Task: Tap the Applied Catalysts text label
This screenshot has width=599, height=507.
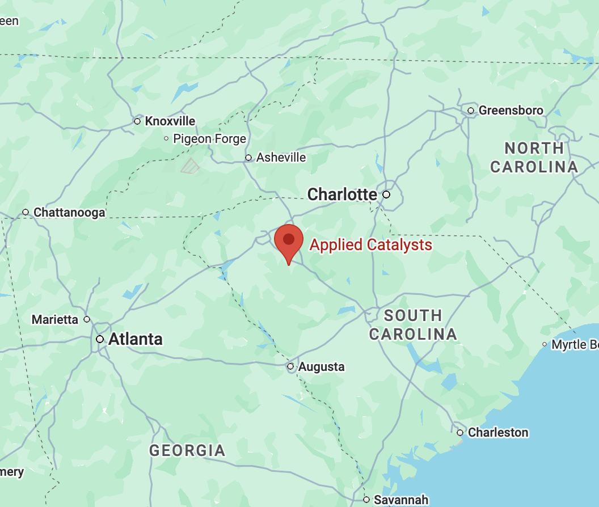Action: (370, 245)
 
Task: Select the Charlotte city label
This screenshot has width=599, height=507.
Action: (342, 195)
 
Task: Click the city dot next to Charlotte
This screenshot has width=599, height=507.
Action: (386, 195)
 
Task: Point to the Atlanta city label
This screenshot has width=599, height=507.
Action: (135, 339)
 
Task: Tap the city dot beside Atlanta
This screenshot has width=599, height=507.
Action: (100, 339)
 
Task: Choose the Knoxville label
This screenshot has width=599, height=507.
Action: (170, 121)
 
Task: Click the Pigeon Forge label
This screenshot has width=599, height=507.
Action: (209, 138)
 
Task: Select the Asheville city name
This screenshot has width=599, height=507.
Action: (281, 158)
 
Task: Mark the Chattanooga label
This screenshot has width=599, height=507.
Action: (69, 213)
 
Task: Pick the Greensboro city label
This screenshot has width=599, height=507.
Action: (511, 110)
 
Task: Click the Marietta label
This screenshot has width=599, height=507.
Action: (55, 319)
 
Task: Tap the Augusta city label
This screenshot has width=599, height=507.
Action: (321, 366)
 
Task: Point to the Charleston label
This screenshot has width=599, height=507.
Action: (497, 432)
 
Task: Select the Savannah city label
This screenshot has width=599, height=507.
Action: (401, 500)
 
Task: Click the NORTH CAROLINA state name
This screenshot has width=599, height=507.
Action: (534, 158)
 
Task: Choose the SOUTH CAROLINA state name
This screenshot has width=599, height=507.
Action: (413, 325)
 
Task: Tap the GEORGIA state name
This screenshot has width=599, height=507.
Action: (187, 451)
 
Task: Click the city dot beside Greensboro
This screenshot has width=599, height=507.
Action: (471, 110)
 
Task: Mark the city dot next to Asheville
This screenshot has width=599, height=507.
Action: (248, 158)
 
